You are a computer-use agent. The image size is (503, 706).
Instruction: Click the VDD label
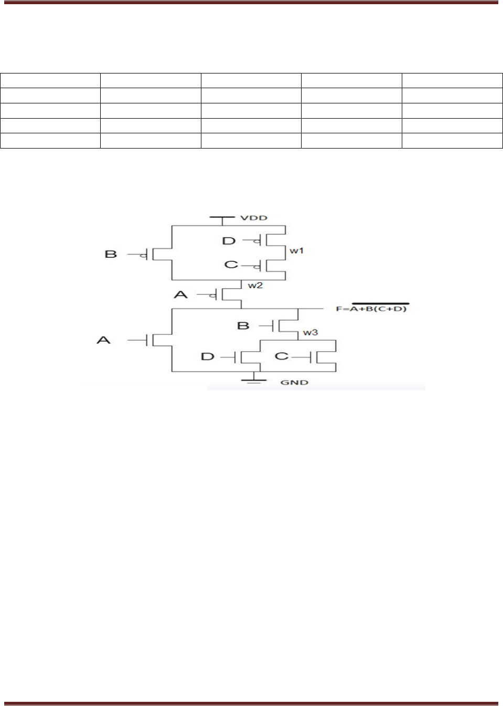tap(254, 218)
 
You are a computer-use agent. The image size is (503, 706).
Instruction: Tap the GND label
tap(294, 382)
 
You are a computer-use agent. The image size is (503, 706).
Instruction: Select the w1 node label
tap(296, 251)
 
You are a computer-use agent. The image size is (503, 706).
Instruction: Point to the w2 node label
tap(255, 286)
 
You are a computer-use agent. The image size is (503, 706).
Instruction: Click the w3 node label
tap(311, 332)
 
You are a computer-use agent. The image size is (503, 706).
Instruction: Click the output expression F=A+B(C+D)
tap(371, 308)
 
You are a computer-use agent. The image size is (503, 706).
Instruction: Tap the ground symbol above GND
tap(254, 379)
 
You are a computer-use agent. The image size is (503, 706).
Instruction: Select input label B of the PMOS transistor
tap(111, 254)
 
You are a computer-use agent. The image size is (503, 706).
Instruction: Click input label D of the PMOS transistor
tap(229, 241)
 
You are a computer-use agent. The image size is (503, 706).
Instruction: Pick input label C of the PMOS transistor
tap(231, 264)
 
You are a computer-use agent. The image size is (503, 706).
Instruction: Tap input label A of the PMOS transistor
tap(180, 294)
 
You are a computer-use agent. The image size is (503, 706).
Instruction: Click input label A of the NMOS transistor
tap(104, 340)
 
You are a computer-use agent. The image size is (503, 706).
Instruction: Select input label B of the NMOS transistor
tap(243, 325)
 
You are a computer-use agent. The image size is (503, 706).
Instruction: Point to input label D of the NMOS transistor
tap(208, 357)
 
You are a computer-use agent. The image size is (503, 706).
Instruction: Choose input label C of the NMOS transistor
tap(282, 356)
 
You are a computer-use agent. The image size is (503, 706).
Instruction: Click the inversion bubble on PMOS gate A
tap(212, 296)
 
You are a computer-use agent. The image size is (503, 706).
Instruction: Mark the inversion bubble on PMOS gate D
tap(257, 242)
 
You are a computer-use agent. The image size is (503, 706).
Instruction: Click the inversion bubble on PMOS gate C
tap(257, 266)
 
